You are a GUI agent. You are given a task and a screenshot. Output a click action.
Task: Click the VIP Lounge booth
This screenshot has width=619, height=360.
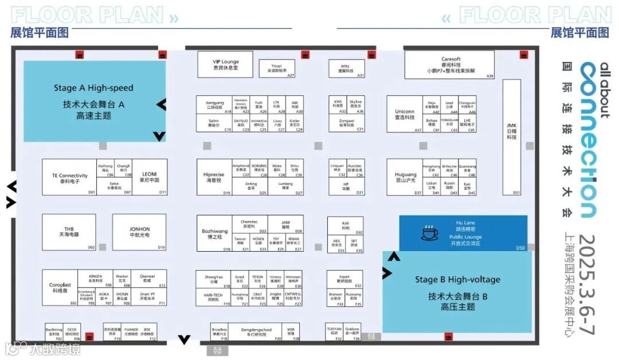click(x=226, y=64)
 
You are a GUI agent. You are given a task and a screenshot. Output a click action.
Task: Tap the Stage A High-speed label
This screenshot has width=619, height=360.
click(x=93, y=88)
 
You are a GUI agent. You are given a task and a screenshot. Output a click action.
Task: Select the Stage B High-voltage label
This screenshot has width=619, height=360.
click(x=457, y=280)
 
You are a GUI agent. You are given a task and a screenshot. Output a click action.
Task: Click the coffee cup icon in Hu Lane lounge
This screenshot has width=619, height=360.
click(x=428, y=233)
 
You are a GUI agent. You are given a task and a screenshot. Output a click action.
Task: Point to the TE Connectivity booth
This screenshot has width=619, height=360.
click(x=69, y=177)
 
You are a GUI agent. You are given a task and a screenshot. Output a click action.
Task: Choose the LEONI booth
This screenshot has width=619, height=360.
click(x=150, y=177)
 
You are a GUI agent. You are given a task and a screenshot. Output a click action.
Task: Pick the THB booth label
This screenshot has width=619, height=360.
click(x=69, y=232)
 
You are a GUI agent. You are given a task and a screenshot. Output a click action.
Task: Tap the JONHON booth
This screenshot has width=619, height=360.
click(x=139, y=232)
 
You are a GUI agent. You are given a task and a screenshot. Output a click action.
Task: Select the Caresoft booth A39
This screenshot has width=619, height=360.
click(x=450, y=64)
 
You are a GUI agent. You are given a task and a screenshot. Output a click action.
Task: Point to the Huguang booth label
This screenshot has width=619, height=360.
click(x=405, y=177)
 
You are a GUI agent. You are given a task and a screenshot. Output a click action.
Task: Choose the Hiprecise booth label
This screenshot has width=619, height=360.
click(x=213, y=177)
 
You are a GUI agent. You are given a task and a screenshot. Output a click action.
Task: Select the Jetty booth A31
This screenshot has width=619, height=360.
click(x=344, y=68)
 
